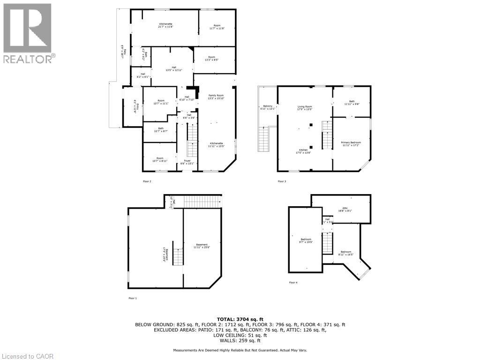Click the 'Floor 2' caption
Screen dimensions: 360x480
click(147, 181)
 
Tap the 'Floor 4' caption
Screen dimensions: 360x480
click(293, 282)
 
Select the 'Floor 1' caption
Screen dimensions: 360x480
click(133, 298)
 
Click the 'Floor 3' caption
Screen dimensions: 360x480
click(281, 181)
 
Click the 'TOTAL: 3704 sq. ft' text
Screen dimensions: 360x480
click(240, 318)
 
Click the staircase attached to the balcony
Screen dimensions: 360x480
click(264, 139)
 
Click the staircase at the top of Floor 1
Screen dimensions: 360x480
click(202, 202)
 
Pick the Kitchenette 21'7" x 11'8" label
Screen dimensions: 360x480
click(165, 25)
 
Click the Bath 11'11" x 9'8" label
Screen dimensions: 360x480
click(352, 103)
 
